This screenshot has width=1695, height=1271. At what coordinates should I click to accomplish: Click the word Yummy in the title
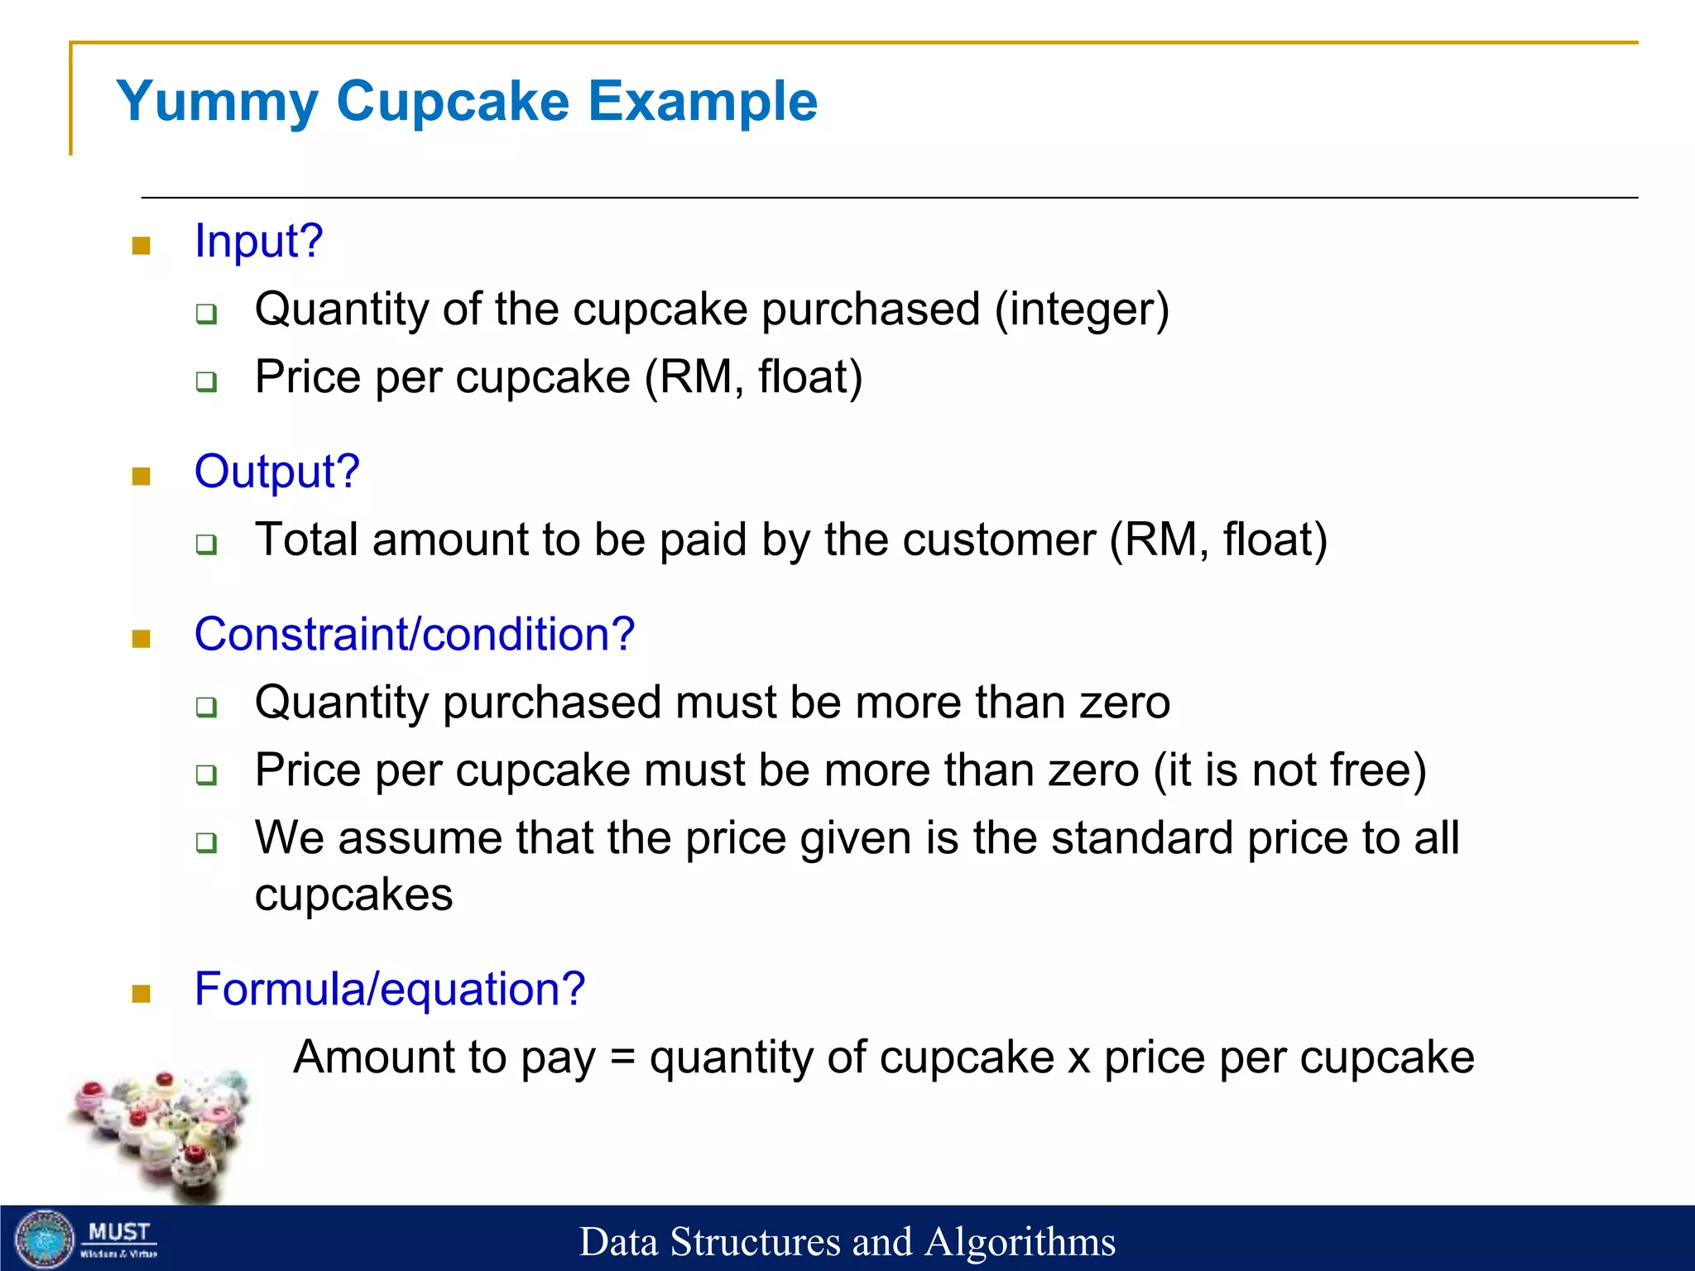coord(217,102)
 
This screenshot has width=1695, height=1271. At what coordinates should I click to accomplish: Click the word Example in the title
coord(703,102)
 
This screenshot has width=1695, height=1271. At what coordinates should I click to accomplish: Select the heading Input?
coord(258,242)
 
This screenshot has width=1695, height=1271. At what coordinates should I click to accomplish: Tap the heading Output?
coord(276,472)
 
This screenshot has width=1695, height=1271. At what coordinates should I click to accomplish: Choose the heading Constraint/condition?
coord(414,635)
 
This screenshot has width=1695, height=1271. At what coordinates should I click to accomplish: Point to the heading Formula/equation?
coord(390,989)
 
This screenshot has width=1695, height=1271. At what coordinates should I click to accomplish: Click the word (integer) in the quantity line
coord(1082,310)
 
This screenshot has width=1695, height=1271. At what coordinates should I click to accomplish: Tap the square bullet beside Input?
coord(142,246)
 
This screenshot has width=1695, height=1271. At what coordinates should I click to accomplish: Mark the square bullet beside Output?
coord(142,476)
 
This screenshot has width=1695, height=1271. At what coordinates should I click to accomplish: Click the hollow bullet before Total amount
coord(206,544)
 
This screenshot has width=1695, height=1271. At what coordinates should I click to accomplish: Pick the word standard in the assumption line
coord(1141,838)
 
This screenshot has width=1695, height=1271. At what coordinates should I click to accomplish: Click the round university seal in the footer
coord(46,1240)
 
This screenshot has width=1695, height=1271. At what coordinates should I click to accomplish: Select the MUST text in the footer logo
coord(119,1232)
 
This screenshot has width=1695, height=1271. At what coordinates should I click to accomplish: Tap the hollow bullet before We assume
coord(206,843)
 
